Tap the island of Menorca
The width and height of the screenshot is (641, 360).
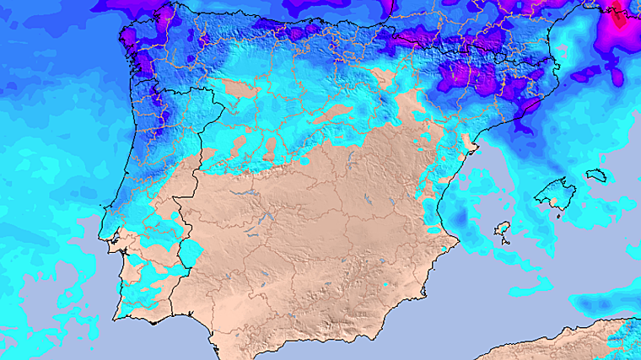tap(595, 175)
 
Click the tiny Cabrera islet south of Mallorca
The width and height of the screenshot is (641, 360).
tap(558, 215)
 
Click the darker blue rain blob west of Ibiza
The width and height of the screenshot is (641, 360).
tap(464, 222)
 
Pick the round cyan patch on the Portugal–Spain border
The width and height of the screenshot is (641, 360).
tap(191, 251)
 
